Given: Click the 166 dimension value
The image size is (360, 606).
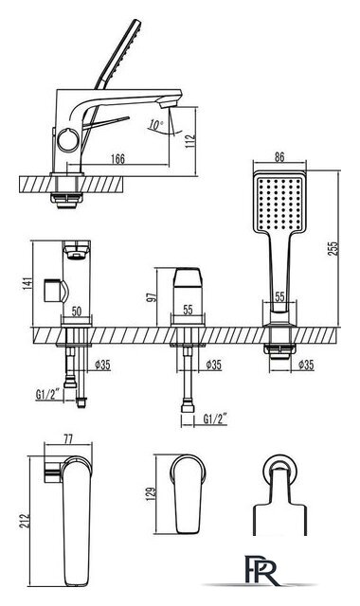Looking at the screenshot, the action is pyautogui.click(x=117, y=158).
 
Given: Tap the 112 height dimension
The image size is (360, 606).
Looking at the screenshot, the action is pyautogui.click(x=190, y=141).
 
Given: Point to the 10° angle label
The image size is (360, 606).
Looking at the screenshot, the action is pyautogui.click(x=155, y=125).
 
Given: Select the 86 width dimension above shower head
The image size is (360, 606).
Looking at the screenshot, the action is pyautogui.click(x=279, y=157).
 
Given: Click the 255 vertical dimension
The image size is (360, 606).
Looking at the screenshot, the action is pyautogui.click(x=333, y=248).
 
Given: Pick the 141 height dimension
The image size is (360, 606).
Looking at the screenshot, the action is pyautogui.click(x=27, y=284).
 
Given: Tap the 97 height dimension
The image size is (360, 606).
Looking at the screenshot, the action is pyautogui.click(x=153, y=296).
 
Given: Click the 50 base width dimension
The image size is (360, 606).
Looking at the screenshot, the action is pyautogui.click(x=77, y=312).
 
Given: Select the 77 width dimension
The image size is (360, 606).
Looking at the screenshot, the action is pyautogui.click(x=68, y=439).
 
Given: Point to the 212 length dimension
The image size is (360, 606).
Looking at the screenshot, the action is pyautogui.click(x=25, y=521).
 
